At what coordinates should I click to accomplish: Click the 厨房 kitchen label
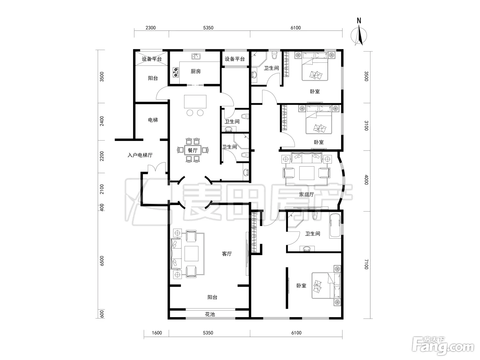pyautogui.click(x=195, y=71)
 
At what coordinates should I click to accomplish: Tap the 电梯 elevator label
pyautogui.click(x=153, y=120)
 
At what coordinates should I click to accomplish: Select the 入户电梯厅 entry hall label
pyautogui.click(x=140, y=155)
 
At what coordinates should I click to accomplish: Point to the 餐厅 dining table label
pyautogui.click(x=193, y=151)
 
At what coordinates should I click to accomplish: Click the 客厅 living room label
pyautogui.click(x=227, y=254)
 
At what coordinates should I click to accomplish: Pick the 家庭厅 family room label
pyautogui.click(x=307, y=194)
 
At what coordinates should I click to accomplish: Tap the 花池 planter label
pyautogui.click(x=210, y=314)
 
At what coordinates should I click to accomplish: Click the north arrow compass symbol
pyautogui.click(x=359, y=35)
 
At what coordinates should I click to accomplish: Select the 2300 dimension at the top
pyautogui.click(x=151, y=28)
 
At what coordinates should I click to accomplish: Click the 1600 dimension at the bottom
pyautogui.click(x=157, y=333)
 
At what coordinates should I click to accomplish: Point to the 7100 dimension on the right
pyautogui.click(x=367, y=264)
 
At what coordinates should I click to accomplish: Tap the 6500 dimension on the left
pyautogui.click(x=102, y=261)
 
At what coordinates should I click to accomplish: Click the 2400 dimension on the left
pyautogui.click(x=102, y=121)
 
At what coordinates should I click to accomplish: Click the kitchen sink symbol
pyautogui.click(x=196, y=56)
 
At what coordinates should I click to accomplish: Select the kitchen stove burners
pyautogui.click(x=176, y=72)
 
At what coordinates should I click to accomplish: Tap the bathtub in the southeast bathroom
pyautogui.click(x=335, y=225)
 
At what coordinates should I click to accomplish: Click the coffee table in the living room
pyautogui.click(x=191, y=254)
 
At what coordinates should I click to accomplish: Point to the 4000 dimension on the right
pyautogui.click(x=367, y=180)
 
